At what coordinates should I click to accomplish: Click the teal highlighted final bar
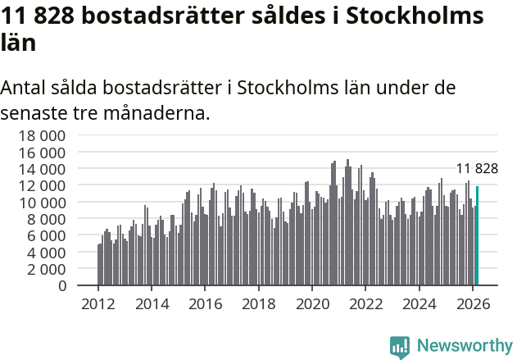coord(477,236)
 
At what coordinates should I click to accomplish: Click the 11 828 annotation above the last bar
coord(477,169)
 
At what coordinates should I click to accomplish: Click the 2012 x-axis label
coord(98,303)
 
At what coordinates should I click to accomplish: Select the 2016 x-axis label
coord(206,303)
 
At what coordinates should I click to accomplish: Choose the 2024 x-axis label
coord(420,303)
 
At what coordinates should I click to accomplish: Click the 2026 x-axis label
coord(474,303)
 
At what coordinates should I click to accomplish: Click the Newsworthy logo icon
coord(400,347)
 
